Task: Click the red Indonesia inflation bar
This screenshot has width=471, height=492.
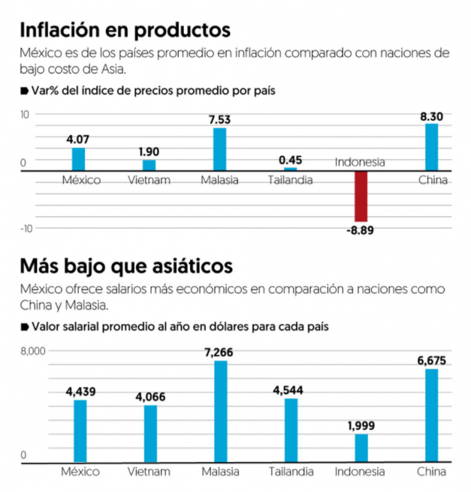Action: click(361, 197)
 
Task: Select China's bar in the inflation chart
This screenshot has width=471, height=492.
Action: click(432, 147)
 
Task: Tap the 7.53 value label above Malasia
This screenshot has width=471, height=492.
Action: click(220, 120)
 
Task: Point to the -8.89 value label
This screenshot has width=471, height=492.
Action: click(360, 230)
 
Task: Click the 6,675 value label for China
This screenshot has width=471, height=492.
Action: click(432, 360)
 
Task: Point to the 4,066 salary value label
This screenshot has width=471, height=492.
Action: click(150, 397)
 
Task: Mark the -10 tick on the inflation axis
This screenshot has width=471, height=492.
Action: click(27, 228)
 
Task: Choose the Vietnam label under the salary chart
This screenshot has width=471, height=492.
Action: click(149, 471)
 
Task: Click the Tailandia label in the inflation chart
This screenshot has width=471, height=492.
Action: click(290, 180)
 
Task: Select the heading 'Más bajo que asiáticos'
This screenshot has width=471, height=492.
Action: click(127, 267)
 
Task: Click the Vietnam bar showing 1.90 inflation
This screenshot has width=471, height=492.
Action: click(150, 165)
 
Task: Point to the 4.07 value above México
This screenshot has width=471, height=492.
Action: click(78, 139)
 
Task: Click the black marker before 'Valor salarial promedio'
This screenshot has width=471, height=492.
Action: click(24, 327)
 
